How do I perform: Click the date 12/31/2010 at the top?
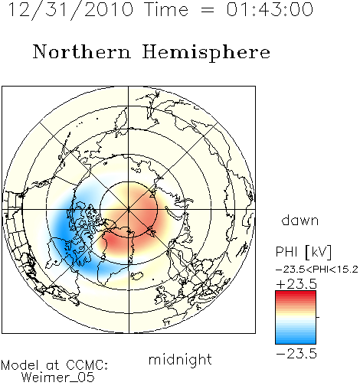pyautogui.click(x=70, y=9)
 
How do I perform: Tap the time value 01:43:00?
pyautogui.click(x=270, y=9)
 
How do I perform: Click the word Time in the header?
pyautogui.click(x=166, y=9)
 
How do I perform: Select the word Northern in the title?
pyautogui.click(x=82, y=51)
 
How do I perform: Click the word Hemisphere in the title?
pyautogui.click(x=206, y=53)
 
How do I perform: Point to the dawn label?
pyautogui.click(x=300, y=221)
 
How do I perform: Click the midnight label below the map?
pyautogui.click(x=180, y=360)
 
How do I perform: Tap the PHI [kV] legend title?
pyautogui.click(x=304, y=252)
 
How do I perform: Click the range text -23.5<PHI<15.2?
pyautogui.click(x=317, y=270)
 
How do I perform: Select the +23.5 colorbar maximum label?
pyautogui.click(x=296, y=284)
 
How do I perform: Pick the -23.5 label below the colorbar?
pyautogui.click(x=296, y=354)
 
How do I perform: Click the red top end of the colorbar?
pyautogui.click(x=296, y=293)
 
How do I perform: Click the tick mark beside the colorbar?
pyautogui.click(x=318, y=317)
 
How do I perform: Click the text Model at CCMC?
pyautogui.click(x=54, y=365)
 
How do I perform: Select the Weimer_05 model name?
pyautogui.click(x=58, y=378)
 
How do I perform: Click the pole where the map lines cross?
pyautogui.click(x=129, y=210)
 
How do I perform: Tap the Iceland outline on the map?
pyautogui.click(x=137, y=276)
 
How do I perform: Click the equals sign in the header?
pyautogui.click(x=208, y=11)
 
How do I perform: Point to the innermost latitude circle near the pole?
pyautogui.click(x=129, y=181)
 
